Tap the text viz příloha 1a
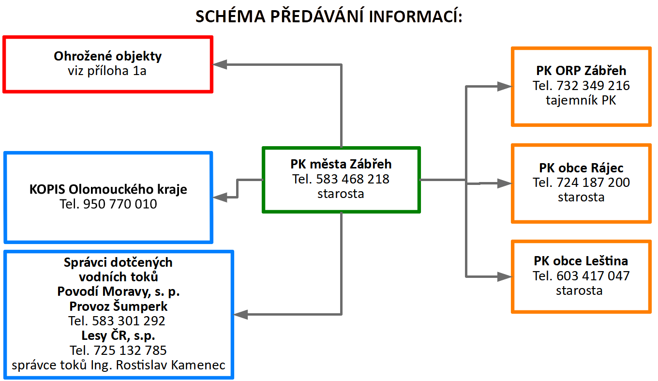click(x=107, y=71)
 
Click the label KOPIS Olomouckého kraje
click(x=108, y=189)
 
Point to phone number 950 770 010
click(x=120, y=204)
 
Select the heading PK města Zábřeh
click(x=341, y=164)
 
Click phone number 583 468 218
click(x=353, y=179)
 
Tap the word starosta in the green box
click(x=341, y=194)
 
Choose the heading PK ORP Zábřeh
click(x=581, y=71)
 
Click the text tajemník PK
click(x=581, y=100)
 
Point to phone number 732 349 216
click(x=593, y=86)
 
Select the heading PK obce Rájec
click(x=581, y=168)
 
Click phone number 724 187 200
click(x=593, y=183)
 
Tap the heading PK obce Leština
click(x=581, y=261)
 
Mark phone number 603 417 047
click(x=593, y=276)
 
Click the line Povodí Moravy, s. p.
click(x=118, y=292)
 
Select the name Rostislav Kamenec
click(x=171, y=365)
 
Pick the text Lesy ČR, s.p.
click(x=118, y=335)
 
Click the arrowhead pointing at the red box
click(x=220, y=64)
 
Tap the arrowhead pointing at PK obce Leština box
click(x=505, y=276)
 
